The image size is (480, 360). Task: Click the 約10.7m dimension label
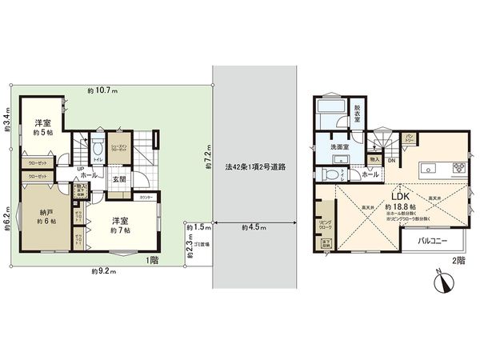pos(102,90)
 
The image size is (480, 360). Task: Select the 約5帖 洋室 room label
pos(42,127)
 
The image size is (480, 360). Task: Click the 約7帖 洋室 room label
pos(122,224)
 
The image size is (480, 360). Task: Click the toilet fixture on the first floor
pos(97,146)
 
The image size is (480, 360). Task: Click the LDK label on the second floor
pos(400,195)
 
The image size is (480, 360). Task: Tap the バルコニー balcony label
pos(432,241)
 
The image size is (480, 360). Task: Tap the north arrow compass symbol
pos(446,280)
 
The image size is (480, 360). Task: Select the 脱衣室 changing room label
pos(358,115)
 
